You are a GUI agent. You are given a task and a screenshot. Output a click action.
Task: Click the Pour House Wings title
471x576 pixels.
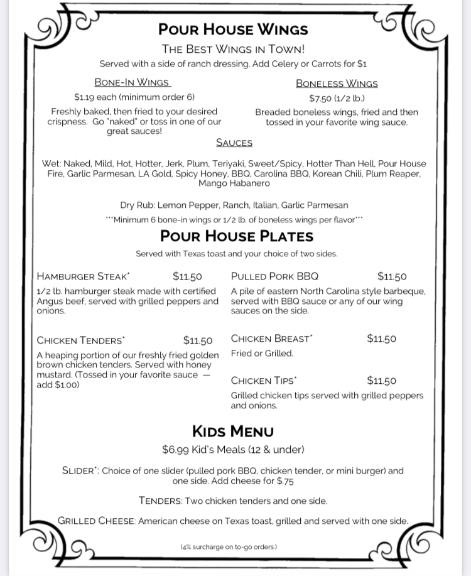[233, 30]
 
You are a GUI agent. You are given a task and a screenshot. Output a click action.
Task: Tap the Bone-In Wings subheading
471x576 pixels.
[132, 82]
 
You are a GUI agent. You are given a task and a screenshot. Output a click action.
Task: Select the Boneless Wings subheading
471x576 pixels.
[337, 83]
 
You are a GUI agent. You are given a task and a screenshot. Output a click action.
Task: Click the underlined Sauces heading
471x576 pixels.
[234, 143]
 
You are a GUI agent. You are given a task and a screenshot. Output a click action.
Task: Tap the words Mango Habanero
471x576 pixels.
[234, 183]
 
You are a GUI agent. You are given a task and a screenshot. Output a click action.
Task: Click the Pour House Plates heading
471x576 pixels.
[237, 236]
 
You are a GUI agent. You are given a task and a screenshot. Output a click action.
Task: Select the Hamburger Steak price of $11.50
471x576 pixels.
[187, 276]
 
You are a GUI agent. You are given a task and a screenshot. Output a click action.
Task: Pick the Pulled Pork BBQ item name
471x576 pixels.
[274, 276]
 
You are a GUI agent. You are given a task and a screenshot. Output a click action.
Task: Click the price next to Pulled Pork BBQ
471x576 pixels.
[392, 276]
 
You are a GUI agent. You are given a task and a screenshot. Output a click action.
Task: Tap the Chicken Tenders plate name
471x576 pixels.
[80, 340]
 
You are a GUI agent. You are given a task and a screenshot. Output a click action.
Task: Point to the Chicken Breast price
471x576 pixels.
[381, 339]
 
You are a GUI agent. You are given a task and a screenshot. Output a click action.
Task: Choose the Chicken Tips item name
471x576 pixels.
[264, 381]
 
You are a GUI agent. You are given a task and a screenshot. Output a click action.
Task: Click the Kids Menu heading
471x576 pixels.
[233, 431]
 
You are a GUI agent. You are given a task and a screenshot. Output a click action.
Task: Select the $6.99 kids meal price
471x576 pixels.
[175, 450]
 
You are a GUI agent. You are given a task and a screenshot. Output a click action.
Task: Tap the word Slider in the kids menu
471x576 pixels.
[79, 470]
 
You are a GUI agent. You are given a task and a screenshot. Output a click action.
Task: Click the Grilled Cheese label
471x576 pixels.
[96, 521]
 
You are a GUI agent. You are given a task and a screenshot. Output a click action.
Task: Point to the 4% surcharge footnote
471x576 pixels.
[229, 547]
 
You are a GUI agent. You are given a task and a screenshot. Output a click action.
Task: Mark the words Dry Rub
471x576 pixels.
[138, 205]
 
